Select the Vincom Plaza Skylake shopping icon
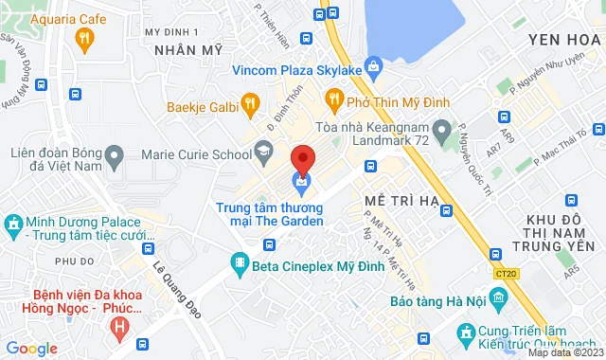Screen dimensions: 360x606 [x=375, y=67]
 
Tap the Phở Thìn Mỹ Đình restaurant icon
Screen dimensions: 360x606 [x=333, y=98]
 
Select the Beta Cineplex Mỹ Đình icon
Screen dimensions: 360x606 [x=238, y=261]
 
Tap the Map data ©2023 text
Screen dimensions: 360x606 [x=564, y=352]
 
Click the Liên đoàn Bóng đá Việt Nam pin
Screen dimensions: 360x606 [x=115, y=153]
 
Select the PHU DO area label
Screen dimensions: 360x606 [x=74, y=261]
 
